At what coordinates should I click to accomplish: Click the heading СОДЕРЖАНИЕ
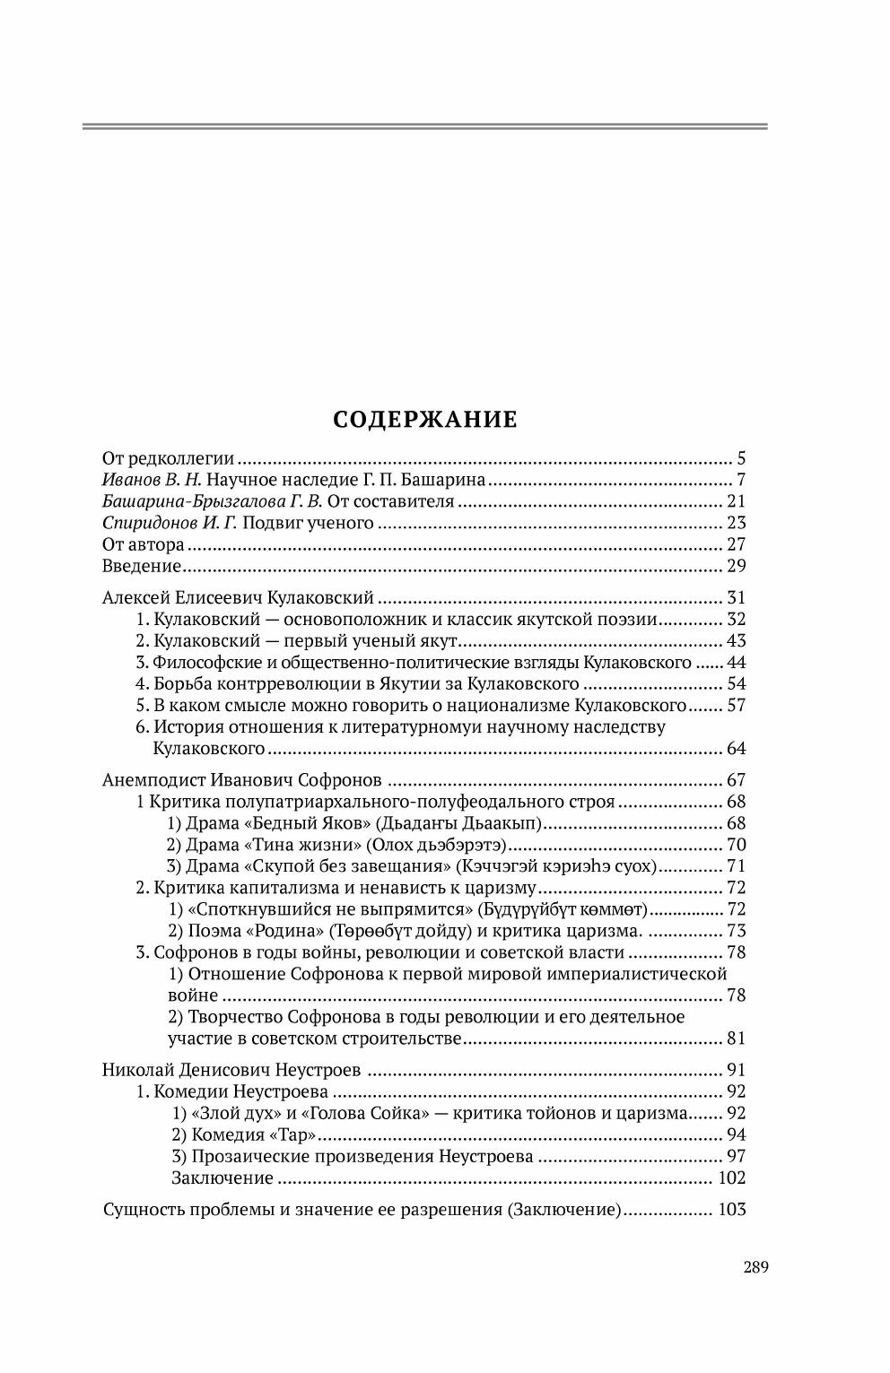[x=425, y=420]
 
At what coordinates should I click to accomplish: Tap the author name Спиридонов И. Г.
[x=168, y=523]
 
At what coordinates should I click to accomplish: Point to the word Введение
[x=143, y=566]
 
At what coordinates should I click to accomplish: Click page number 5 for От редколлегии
[x=741, y=458]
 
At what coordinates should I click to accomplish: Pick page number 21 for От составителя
[x=736, y=501]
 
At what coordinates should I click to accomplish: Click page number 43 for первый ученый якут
[x=736, y=641]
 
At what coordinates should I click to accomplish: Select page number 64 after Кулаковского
[x=736, y=749]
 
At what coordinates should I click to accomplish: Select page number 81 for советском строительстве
[x=736, y=1039]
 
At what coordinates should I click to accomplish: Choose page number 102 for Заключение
[x=732, y=1178]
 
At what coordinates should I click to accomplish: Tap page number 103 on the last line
[x=732, y=1210]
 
